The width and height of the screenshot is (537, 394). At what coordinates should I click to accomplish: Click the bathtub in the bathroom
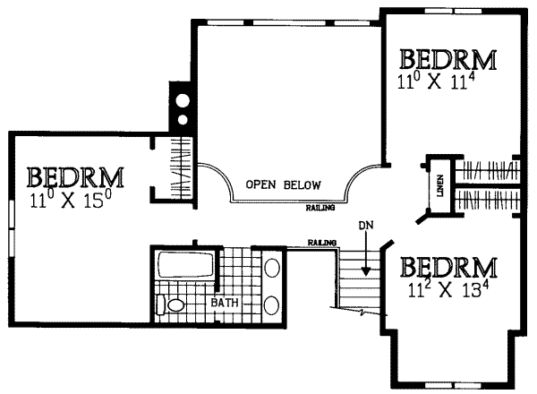[x=182, y=265]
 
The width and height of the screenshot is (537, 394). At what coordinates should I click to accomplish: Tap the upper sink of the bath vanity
[x=272, y=268]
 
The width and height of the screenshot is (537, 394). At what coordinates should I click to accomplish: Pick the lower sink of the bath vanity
[x=272, y=302]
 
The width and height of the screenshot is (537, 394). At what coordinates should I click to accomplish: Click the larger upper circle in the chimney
[x=183, y=100]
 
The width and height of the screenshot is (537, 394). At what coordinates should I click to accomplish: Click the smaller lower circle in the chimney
[x=183, y=118]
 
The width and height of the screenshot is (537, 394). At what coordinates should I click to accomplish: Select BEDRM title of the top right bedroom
[x=448, y=61]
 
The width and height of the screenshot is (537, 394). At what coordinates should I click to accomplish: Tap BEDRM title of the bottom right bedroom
[x=448, y=268]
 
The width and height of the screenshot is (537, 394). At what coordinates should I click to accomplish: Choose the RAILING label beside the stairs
[x=321, y=243]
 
